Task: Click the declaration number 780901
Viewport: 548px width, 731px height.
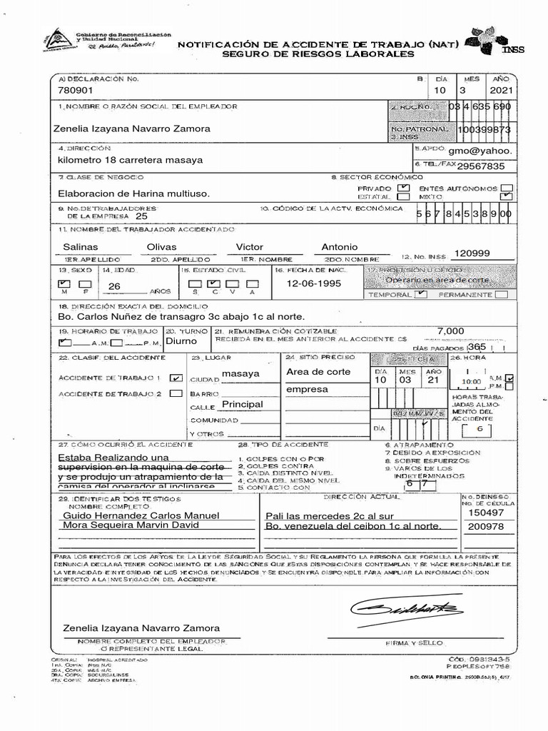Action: click(75, 91)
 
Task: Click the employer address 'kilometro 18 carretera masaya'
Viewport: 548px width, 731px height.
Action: click(130, 160)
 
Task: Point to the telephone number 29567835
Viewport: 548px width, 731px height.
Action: click(480, 166)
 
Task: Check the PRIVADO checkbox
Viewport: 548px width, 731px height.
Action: click(403, 188)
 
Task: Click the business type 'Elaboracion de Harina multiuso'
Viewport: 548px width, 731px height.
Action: click(133, 193)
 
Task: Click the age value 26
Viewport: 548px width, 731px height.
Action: click(113, 287)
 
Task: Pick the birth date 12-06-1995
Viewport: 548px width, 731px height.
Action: click(314, 283)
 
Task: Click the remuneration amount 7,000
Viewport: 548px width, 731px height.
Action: click(450, 331)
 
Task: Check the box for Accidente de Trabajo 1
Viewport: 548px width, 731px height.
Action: click(176, 378)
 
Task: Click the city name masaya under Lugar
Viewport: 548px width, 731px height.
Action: click(240, 374)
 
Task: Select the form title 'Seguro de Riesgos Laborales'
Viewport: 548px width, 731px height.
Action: click(318, 54)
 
